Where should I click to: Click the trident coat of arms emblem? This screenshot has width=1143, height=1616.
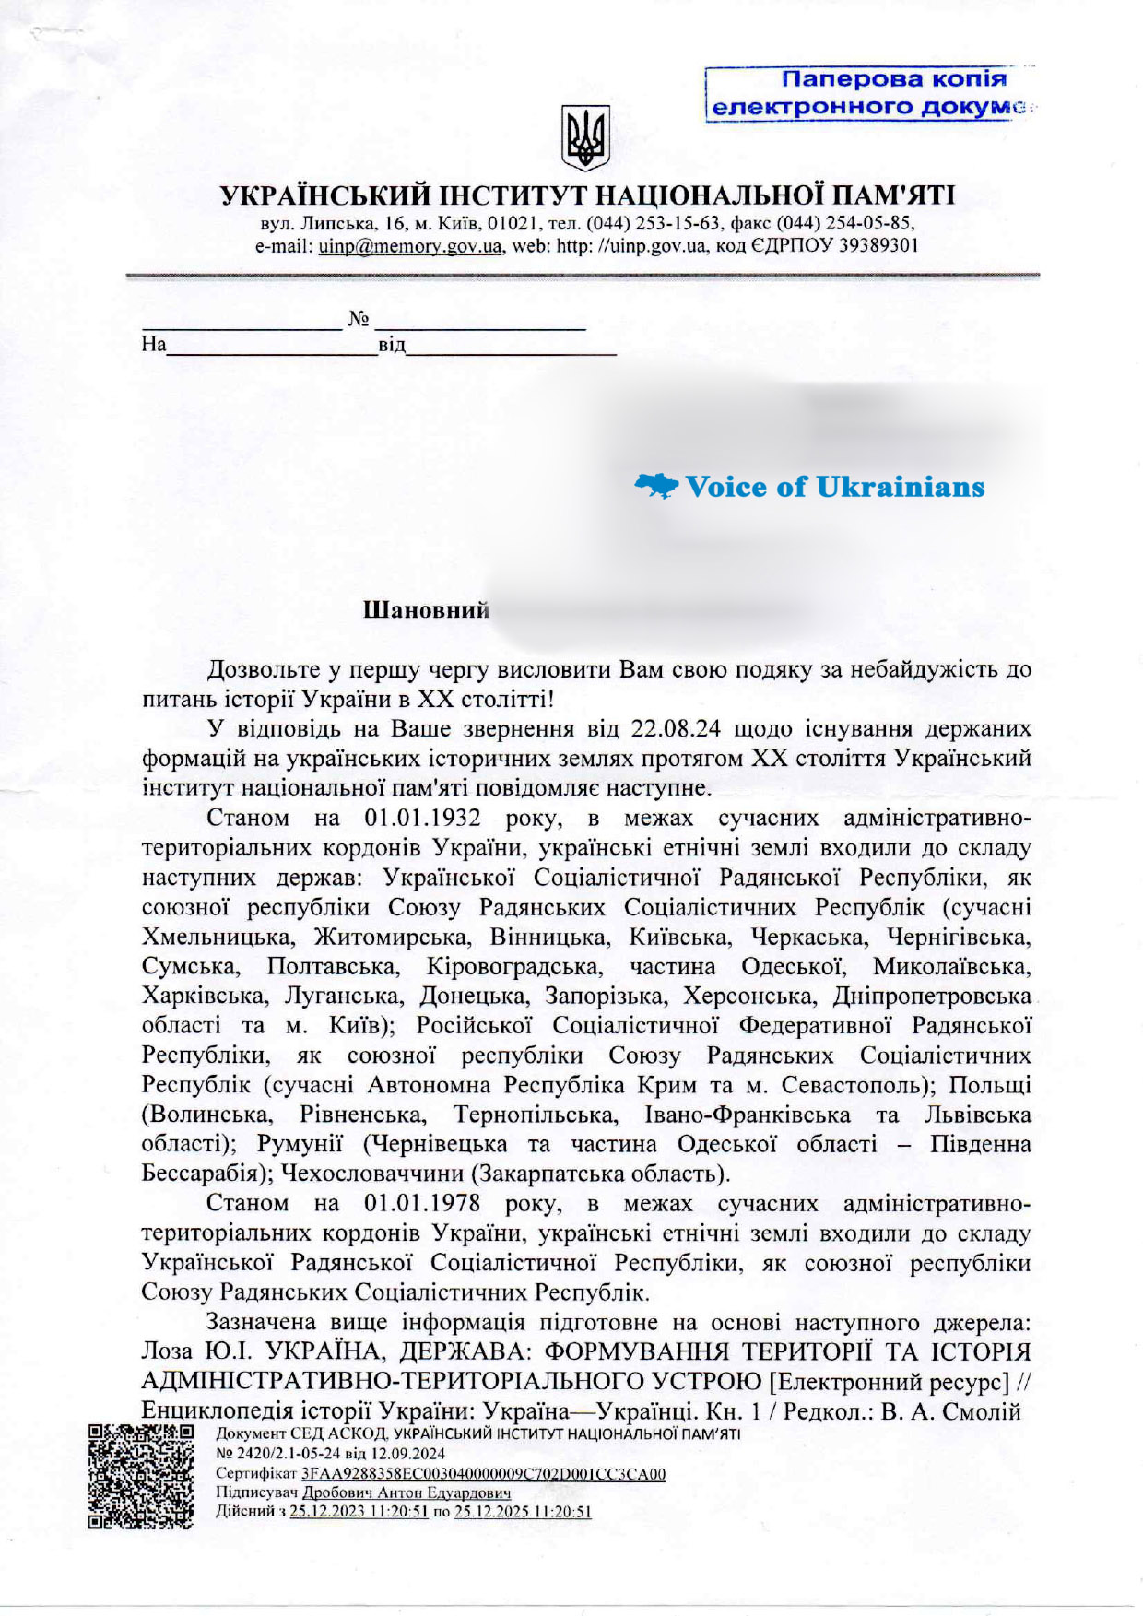click(x=584, y=138)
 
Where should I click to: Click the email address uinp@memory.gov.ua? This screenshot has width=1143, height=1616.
click(x=410, y=246)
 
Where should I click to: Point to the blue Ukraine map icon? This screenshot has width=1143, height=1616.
click(x=656, y=486)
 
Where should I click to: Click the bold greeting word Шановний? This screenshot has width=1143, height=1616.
click(x=426, y=610)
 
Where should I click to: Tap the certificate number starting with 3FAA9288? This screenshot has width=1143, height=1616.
click(x=483, y=1474)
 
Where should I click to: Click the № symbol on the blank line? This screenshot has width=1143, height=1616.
click(x=359, y=320)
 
